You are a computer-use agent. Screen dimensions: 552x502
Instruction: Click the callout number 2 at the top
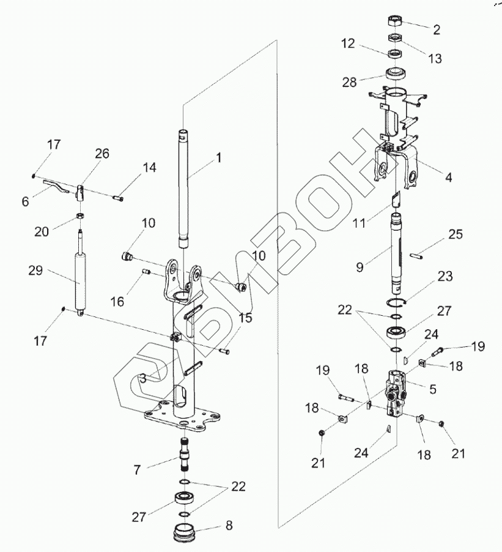[x=437, y=29]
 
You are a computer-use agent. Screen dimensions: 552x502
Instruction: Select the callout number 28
[x=350, y=82]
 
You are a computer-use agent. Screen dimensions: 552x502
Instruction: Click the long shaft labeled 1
[x=185, y=184]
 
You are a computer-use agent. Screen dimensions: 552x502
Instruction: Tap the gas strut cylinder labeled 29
[x=80, y=281]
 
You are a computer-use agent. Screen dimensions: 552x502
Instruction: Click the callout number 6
[x=25, y=200]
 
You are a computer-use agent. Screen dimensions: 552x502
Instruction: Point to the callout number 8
[x=229, y=525]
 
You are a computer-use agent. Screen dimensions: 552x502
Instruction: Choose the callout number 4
[x=449, y=177]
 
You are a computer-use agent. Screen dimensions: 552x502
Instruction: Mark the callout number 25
[x=455, y=234]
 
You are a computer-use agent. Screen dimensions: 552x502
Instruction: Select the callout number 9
[x=360, y=266]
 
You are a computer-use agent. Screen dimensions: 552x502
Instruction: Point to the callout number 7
[x=137, y=470]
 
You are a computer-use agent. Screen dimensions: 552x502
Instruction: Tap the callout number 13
[x=435, y=59]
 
